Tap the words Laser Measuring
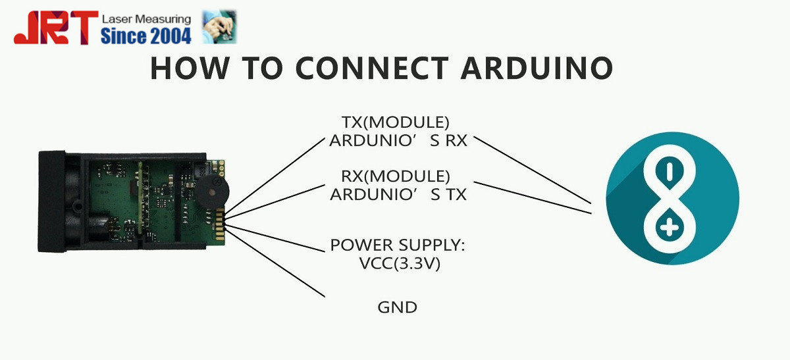coord(145,19)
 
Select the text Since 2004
coord(145,36)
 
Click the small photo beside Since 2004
coord(220,27)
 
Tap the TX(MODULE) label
coord(395,123)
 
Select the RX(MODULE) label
coord(395,176)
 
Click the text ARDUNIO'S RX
coord(398,140)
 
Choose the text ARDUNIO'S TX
coord(398,194)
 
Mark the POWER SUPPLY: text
coord(398,245)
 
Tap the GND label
coord(397,307)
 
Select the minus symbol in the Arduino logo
coord(670,172)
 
